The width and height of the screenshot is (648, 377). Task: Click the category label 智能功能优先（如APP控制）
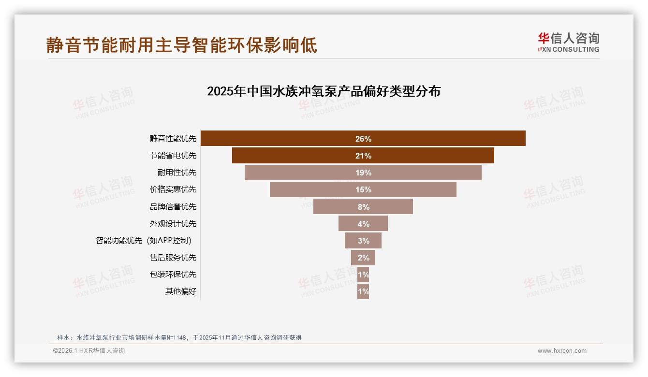[x=147, y=241]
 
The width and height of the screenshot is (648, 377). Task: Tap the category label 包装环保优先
[x=173, y=275]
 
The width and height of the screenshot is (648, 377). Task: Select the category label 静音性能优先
[x=173, y=139]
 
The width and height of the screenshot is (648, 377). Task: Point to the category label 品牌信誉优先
[x=173, y=206]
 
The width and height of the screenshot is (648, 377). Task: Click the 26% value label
[x=363, y=139]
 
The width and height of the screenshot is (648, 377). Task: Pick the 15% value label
[x=363, y=189]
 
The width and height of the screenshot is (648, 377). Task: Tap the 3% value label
[x=364, y=241]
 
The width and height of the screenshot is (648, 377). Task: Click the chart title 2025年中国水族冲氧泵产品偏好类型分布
[x=324, y=91]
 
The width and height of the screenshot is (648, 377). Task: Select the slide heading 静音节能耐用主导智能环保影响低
[x=182, y=45]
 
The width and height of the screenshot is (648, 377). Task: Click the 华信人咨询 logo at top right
[x=568, y=43]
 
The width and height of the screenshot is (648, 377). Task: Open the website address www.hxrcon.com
[x=562, y=351]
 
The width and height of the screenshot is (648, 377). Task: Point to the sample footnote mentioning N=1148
[x=179, y=337]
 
